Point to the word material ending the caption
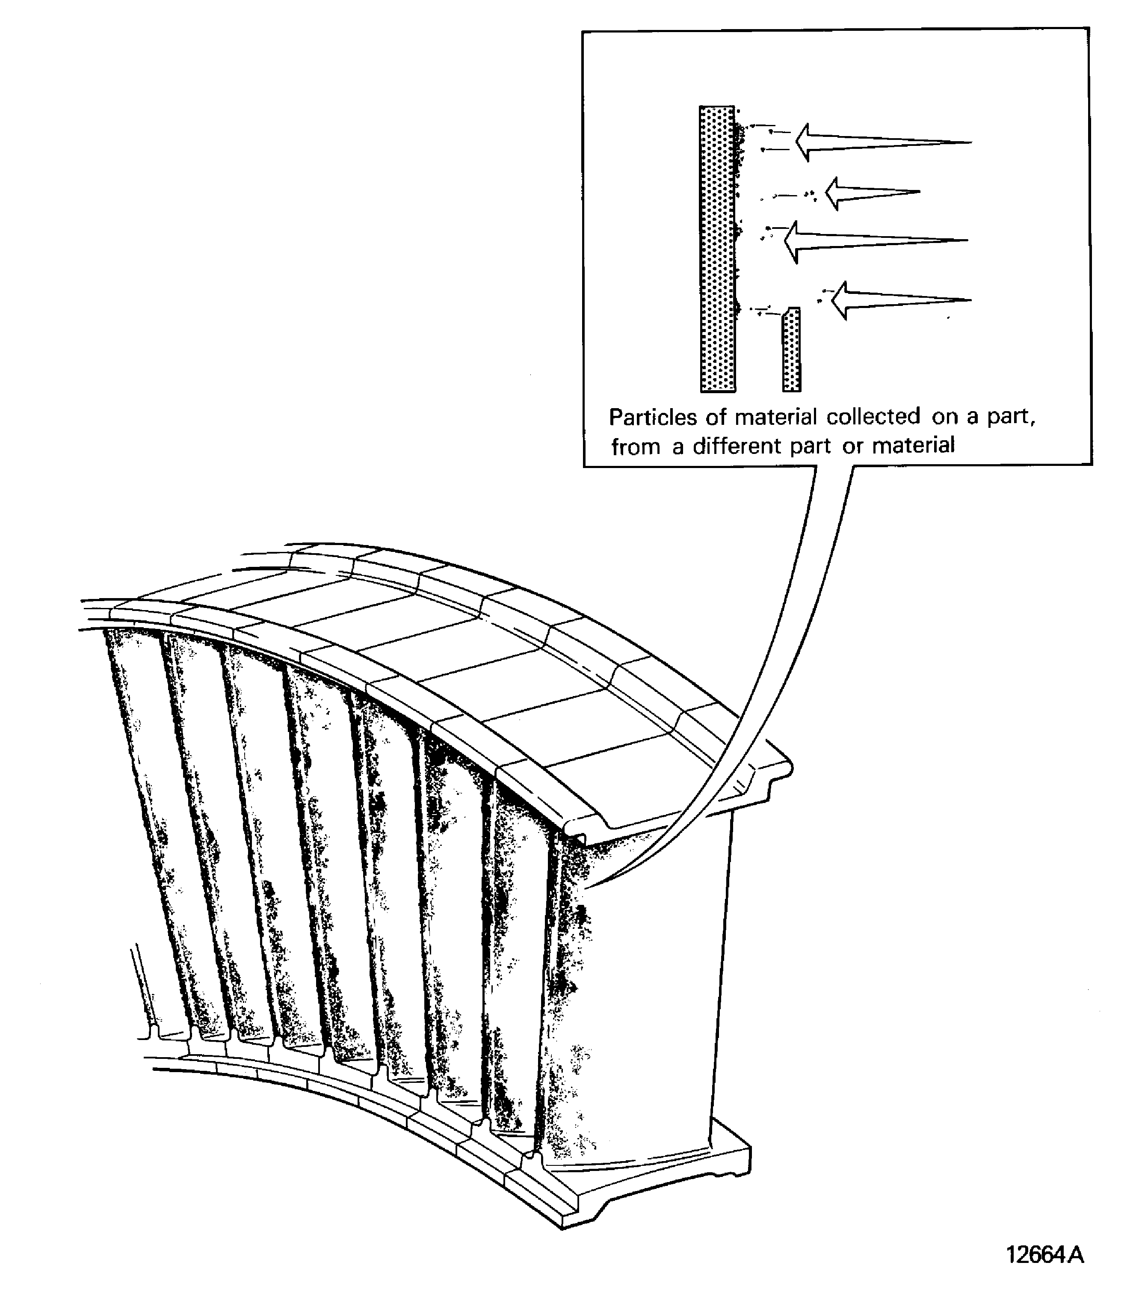coord(913,446)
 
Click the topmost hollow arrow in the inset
coord(884,142)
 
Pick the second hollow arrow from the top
coord(872,193)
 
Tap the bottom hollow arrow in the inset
coord(901,300)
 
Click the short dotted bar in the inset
coord(791,350)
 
